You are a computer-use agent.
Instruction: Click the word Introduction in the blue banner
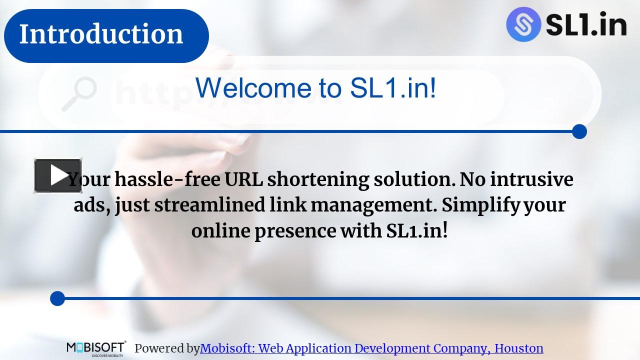101,34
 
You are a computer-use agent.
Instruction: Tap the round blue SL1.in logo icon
523,24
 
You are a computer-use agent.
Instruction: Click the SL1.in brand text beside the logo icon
586,24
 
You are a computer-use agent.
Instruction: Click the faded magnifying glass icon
79,93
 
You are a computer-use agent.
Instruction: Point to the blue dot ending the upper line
579,131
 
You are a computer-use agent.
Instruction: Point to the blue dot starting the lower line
57,298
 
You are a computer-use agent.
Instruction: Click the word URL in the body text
243,179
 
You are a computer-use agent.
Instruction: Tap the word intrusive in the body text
531,179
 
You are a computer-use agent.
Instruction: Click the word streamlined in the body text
209,205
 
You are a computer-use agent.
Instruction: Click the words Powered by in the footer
167,348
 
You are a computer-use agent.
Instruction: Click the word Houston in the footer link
519,348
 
